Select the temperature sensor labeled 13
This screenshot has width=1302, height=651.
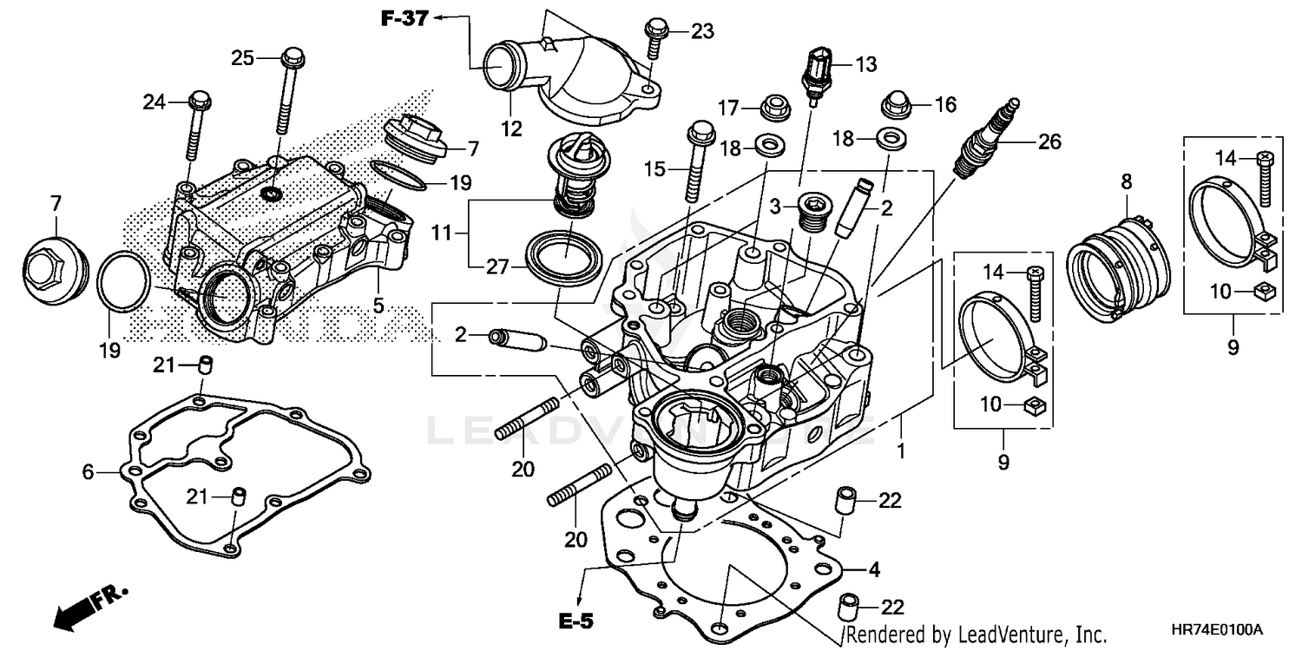(817, 75)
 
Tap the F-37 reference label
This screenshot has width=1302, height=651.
(404, 18)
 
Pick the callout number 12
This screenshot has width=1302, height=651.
(511, 129)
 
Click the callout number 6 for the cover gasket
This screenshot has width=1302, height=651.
(88, 471)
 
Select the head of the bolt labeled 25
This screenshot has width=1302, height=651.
(292, 58)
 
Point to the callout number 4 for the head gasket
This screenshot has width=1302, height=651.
(875, 570)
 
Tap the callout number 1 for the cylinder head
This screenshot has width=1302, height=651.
(901, 450)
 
